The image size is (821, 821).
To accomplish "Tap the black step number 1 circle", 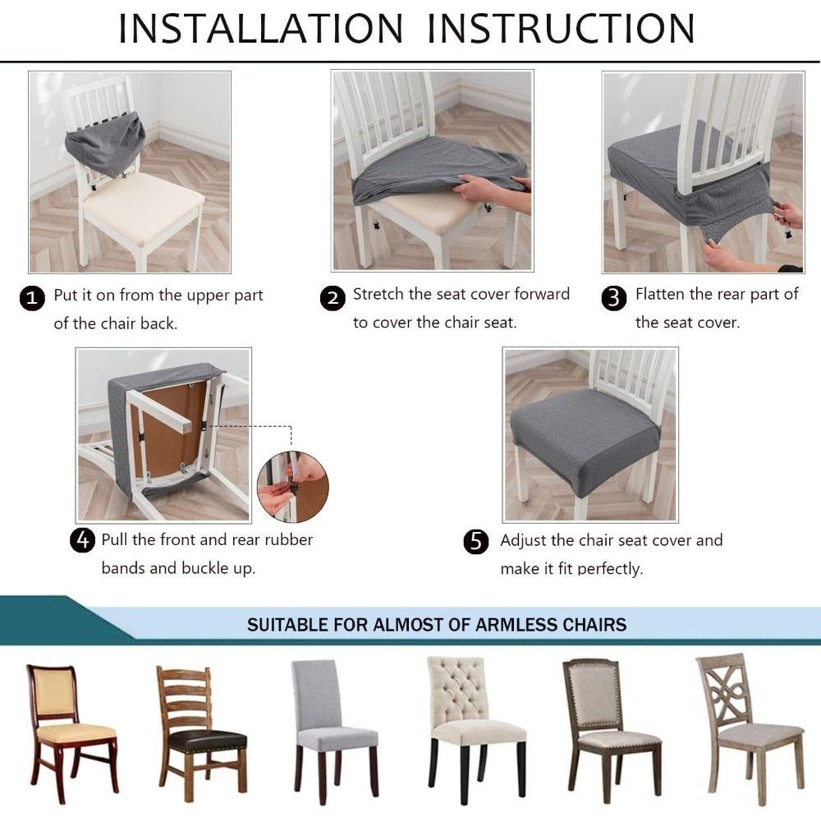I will click(31, 298).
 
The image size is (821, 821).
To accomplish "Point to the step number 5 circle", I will click(476, 542).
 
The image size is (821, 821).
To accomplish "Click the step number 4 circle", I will click(81, 541).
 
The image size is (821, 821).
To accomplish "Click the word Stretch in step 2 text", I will click(378, 294).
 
